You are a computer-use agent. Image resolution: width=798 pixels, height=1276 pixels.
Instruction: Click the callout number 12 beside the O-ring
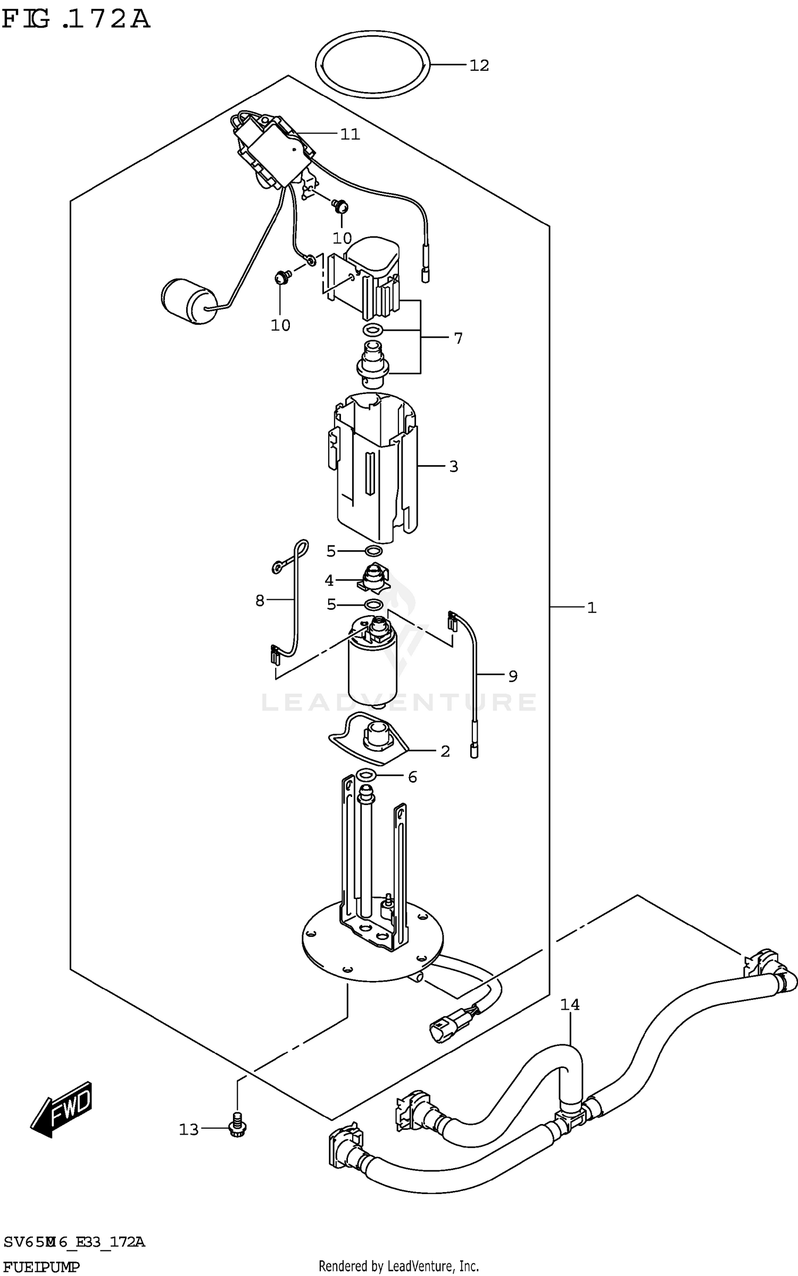pos(479,65)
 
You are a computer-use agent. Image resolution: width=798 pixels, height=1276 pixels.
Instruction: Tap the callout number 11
pos(350,134)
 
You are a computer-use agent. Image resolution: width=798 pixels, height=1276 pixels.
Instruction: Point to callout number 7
pos(458,338)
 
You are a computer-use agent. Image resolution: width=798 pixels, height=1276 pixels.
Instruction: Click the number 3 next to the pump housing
pos(453,466)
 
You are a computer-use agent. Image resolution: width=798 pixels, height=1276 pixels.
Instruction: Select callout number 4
pos(329,581)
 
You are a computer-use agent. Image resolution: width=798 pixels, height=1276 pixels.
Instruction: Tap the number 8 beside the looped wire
pos(260,601)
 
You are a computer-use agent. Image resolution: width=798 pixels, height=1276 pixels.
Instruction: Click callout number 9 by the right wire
pos(512,676)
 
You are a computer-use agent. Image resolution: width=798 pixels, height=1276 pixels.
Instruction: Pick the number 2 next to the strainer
pos(445,751)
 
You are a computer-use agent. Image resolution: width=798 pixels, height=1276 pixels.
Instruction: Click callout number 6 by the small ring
pos(412,777)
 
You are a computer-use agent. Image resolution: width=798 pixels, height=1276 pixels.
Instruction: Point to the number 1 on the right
pos(592,607)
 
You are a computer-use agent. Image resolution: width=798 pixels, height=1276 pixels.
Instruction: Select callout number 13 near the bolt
pos(189,1129)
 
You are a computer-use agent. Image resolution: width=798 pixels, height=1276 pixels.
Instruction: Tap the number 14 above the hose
pos(569,1004)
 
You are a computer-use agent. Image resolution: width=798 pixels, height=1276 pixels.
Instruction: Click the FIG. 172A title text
pos(77,20)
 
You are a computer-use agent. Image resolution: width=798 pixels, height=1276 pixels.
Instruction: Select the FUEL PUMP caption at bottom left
pos(41,1267)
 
